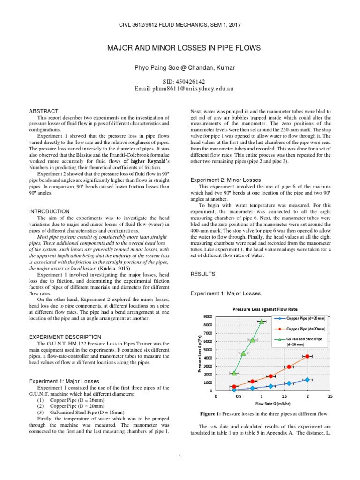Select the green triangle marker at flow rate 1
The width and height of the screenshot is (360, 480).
click(262, 321)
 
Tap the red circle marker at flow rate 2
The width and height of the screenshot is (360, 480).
click(307, 356)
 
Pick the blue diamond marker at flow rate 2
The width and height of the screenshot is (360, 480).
click(307, 380)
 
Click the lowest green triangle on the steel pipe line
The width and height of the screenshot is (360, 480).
click(234, 373)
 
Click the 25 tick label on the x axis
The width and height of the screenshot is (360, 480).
click(330, 396)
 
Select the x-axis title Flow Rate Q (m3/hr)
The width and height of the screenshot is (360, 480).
click(272, 404)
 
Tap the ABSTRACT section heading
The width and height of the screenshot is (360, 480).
click(44, 111)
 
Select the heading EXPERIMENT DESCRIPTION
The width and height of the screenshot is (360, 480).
click(65, 337)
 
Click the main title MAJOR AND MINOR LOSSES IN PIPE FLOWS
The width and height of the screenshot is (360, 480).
click(180, 49)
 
